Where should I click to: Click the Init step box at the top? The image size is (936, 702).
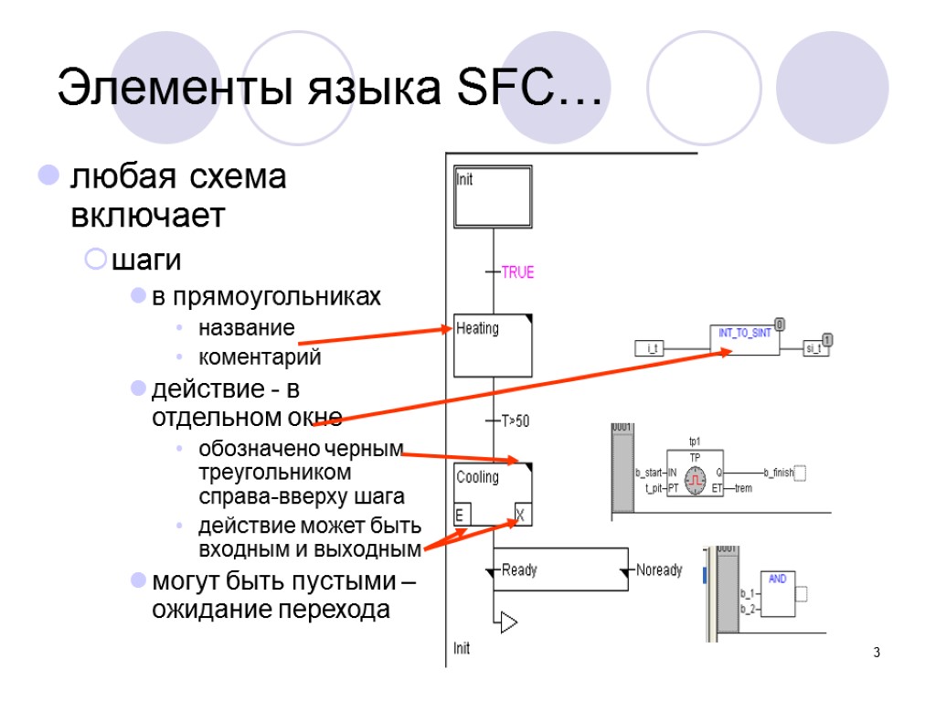(x=494, y=197)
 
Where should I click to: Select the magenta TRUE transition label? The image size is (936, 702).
(x=517, y=272)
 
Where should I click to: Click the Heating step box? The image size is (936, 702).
(x=494, y=345)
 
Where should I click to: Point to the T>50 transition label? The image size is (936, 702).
(x=516, y=421)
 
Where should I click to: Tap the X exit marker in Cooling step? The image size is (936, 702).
(x=521, y=516)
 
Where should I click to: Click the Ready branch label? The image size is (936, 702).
(x=519, y=570)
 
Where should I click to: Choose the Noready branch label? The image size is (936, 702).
(x=659, y=570)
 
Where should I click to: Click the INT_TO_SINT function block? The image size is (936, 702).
(x=745, y=338)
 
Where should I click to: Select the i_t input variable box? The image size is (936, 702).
(x=654, y=348)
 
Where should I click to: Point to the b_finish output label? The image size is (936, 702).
(x=777, y=473)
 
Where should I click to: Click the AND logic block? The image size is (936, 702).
(x=777, y=594)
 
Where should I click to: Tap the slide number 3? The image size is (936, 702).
(x=877, y=653)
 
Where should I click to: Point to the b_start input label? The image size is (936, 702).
(x=650, y=473)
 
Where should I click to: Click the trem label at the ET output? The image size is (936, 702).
(x=743, y=488)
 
